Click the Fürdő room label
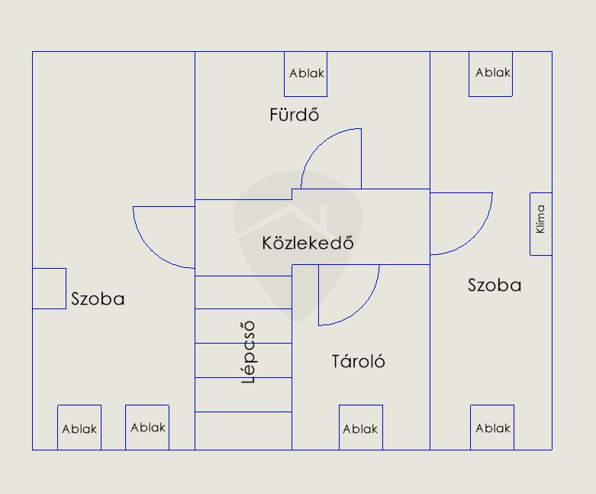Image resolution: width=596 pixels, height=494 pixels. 294,115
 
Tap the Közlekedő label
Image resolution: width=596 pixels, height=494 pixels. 308,243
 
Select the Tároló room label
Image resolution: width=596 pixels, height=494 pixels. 358,361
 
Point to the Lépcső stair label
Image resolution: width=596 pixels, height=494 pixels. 248,352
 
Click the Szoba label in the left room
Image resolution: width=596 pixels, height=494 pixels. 98,299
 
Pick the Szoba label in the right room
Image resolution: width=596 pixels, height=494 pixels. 495,286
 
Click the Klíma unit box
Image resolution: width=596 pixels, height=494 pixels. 541,224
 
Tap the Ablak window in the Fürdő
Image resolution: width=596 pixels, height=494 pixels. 305,74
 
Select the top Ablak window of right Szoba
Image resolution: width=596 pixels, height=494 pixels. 491,74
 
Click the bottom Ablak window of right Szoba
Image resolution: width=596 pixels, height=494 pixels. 492,428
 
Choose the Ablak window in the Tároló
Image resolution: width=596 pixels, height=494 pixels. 361,428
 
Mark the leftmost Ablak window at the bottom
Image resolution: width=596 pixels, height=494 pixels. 79,428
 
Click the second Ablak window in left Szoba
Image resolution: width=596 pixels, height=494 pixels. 147,428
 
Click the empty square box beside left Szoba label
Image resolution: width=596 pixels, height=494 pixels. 50,289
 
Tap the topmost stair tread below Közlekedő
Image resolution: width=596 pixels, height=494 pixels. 243,292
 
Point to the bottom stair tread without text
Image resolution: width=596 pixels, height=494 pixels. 243,431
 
